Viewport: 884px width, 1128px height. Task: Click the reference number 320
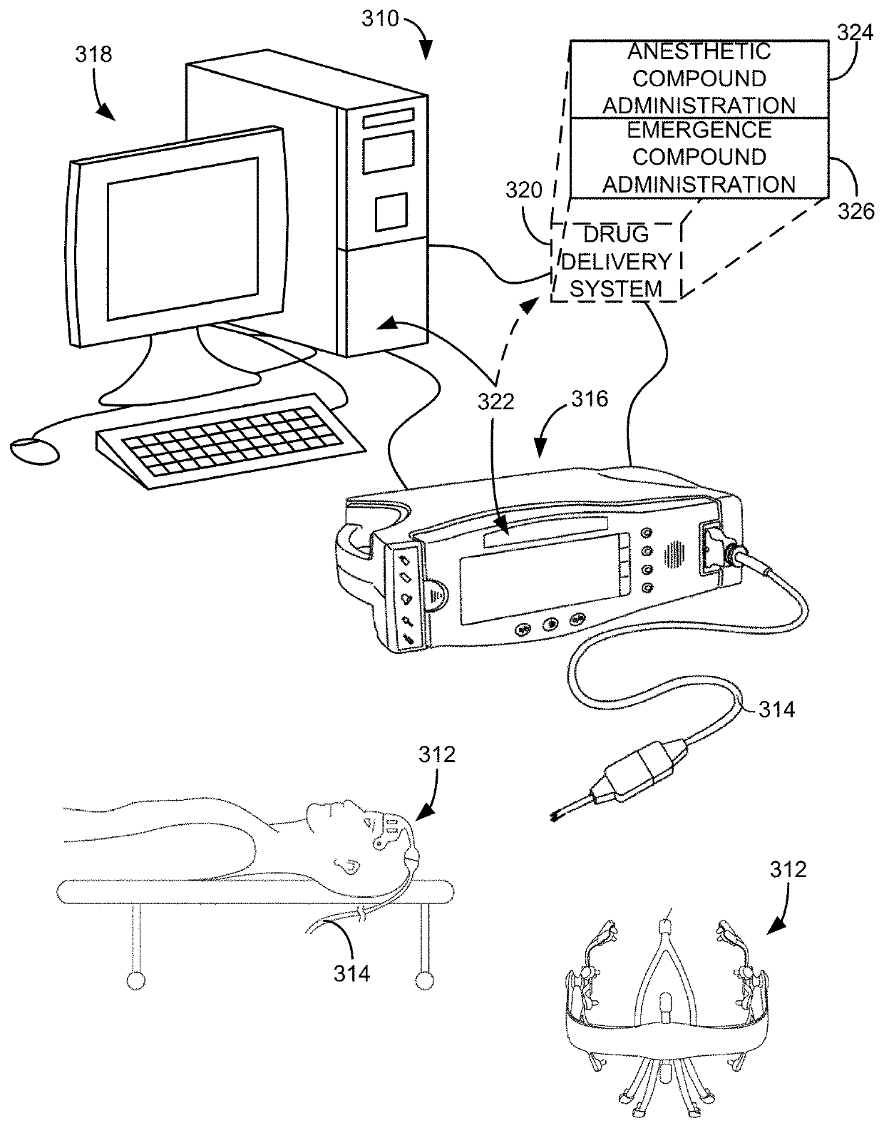[524, 190]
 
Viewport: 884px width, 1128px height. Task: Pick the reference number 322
[495, 402]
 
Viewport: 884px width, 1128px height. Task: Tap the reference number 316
[589, 399]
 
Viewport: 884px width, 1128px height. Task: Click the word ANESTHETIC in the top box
[699, 51]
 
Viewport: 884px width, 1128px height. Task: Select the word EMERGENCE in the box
[699, 130]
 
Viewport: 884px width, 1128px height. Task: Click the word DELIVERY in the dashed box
[617, 262]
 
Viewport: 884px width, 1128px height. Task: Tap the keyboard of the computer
[230, 440]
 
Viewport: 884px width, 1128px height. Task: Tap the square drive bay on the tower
[391, 211]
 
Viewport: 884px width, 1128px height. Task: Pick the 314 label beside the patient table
[352, 973]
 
